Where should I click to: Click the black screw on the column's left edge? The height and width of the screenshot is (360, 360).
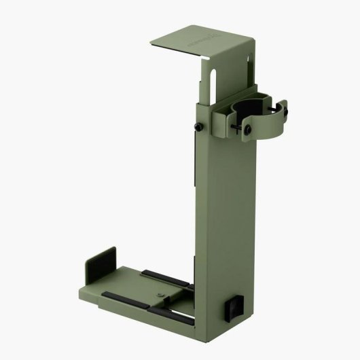pyautogui.click(x=198, y=128)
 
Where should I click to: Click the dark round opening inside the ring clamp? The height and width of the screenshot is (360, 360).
pyautogui.click(x=251, y=108)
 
